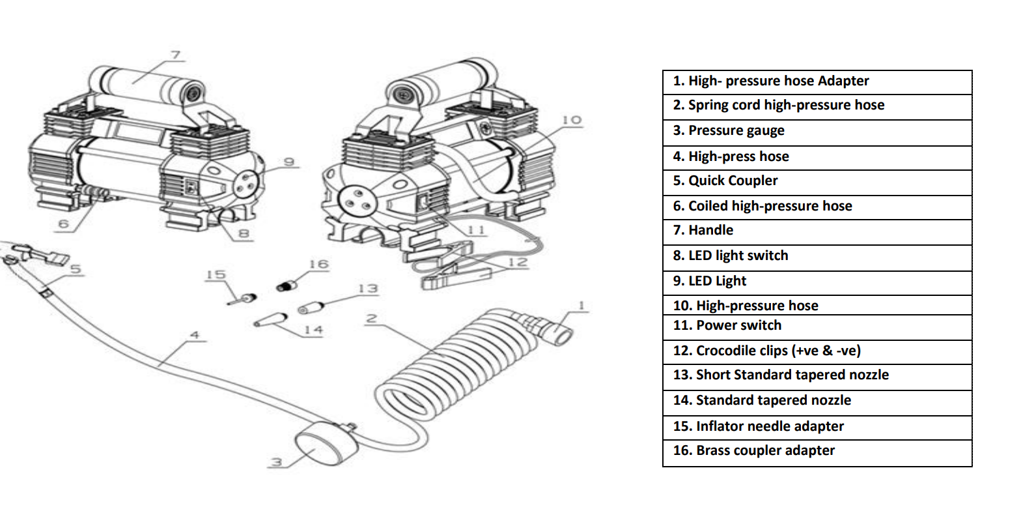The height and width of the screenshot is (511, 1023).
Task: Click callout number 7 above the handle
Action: [176, 55]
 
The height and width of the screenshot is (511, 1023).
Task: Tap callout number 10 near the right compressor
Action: [571, 120]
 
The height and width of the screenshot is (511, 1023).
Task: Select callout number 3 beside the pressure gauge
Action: [277, 462]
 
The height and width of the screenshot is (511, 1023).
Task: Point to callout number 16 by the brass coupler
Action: [318, 264]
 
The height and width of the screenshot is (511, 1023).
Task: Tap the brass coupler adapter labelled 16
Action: [287, 285]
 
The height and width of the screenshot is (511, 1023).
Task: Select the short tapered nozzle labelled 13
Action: [311, 307]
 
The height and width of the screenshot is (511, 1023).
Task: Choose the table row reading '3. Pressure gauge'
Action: [817, 130]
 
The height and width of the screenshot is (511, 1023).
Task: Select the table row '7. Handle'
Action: [817, 230]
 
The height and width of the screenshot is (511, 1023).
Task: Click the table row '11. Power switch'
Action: [817, 325]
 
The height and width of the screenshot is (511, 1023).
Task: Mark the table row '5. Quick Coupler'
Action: [817, 181]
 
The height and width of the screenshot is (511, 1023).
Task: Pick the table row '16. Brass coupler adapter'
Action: [817, 450]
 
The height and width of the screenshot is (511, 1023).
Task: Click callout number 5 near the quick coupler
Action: [76, 269]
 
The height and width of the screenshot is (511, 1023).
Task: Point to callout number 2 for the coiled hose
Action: [371, 319]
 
